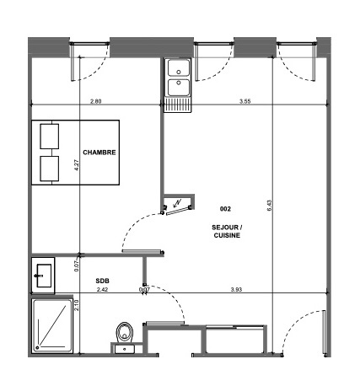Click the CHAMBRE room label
(99, 153)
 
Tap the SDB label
(102, 281)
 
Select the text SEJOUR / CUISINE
(227, 231)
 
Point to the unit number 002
(225, 209)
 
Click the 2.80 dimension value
(95, 101)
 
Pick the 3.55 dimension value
(244, 101)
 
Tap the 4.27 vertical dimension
(77, 165)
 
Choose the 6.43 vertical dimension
(269, 206)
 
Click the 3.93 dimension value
(236, 289)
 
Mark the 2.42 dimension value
(102, 289)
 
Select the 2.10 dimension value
(77, 305)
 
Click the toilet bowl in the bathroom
(125, 333)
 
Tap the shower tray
(52, 325)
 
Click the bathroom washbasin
(44, 276)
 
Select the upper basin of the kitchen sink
(179, 68)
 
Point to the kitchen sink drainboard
(178, 105)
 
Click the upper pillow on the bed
(50, 137)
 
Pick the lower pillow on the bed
(50, 169)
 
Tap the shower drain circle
(37, 348)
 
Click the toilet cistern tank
(125, 349)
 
